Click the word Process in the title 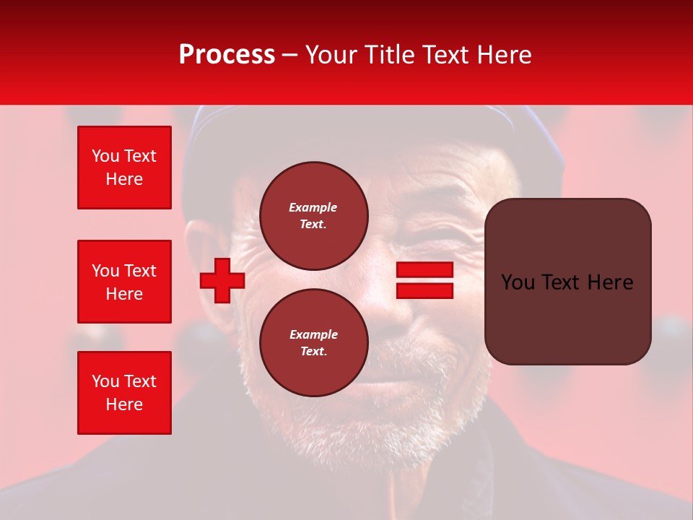click(227, 55)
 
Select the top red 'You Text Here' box click(124, 168)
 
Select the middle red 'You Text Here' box click(124, 282)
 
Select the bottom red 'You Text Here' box click(124, 393)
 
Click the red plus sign click(222, 280)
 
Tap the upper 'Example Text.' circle click(313, 216)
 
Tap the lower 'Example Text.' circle click(313, 343)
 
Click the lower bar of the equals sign click(424, 290)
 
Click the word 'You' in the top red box click(105, 156)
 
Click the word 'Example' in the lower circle click(313, 334)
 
